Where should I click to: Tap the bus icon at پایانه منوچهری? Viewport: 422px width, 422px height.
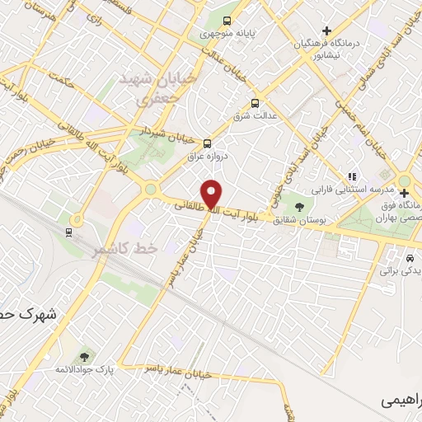tap(227, 22)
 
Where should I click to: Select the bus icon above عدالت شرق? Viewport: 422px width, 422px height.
tap(255, 104)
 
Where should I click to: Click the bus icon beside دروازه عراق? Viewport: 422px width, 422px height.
tap(207, 141)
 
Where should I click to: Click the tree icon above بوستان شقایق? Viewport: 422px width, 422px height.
tap(298, 206)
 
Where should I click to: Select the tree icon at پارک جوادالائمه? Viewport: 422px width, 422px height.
tap(83, 357)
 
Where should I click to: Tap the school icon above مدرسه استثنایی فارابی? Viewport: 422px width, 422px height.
tap(353, 176)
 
